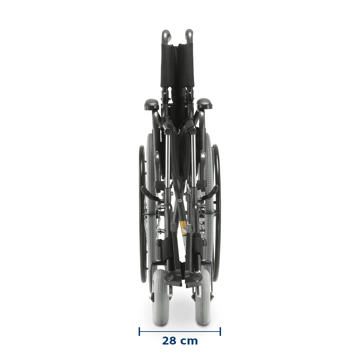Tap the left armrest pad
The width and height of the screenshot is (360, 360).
pyautogui.click(x=152, y=104)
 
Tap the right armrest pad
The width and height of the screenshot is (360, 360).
pyautogui.click(x=204, y=104)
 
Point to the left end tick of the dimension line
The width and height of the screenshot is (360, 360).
pyautogui.click(x=139, y=332)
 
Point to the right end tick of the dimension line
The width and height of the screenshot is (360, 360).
pyautogui.click(x=220, y=332)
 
